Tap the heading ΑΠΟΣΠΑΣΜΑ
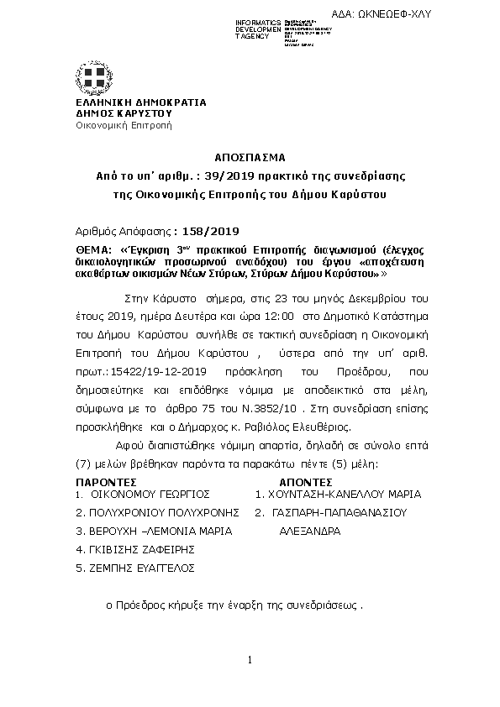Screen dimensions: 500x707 [250, 157]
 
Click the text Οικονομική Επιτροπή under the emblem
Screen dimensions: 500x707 [124, 125]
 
